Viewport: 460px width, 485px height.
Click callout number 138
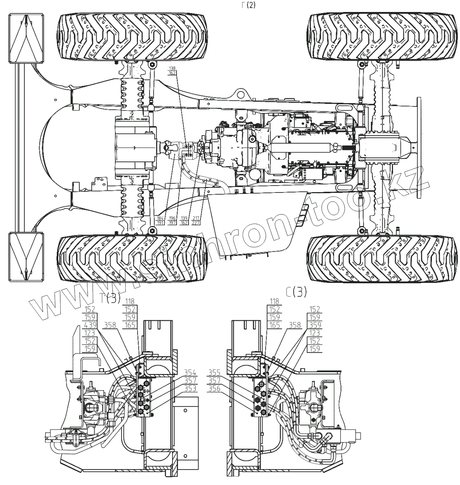(172, 69)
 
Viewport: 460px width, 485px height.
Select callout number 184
(159, 218)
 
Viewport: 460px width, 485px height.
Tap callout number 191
(159, 223)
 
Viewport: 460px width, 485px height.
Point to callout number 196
(172, 218)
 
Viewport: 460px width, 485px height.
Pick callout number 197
(172, 223)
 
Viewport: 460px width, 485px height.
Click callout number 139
(184, 218)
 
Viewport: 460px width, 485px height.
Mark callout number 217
(196, 218)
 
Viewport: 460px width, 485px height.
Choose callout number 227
(196, 223)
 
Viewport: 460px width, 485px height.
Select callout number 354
(190, 373)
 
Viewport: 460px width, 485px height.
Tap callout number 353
(190, 388)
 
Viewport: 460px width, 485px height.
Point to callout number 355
(214, 373)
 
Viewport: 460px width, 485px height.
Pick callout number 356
(214, 388)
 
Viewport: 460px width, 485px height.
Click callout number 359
(315, 325)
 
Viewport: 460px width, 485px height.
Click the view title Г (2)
(248, 5)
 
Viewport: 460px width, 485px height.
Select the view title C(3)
(296, 292)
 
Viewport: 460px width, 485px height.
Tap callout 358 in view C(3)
(295, 325)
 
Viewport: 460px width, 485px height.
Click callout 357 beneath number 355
(214, 381)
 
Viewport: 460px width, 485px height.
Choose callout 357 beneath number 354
(190, 381)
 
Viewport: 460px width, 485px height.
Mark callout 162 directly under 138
(172, 73)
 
